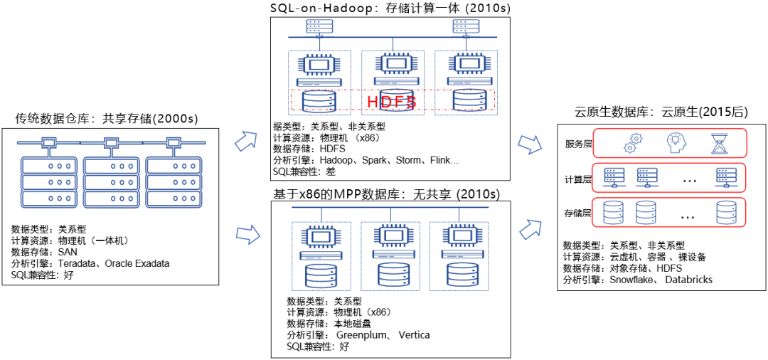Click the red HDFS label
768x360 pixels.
391,102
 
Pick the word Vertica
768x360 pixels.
414,335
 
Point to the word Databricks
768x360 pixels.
689,280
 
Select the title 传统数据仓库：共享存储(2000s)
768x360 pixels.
106,118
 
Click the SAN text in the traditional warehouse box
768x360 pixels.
68,252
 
